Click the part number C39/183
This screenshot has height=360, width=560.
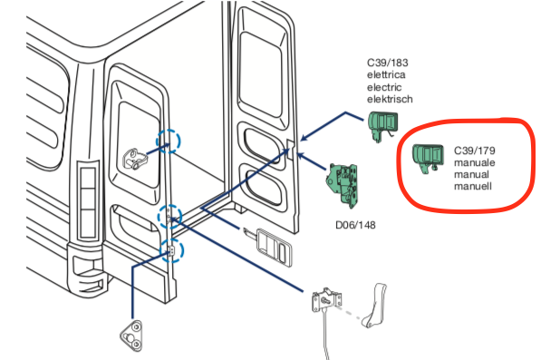click(388, 63)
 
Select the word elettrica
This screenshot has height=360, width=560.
click(386, 74)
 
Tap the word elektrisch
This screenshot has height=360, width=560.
click(390, 99)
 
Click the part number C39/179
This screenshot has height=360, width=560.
click(475, 151)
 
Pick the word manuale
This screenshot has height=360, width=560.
click(475, 162)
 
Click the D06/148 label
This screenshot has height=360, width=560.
click(355, 225)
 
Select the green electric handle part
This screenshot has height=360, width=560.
click(382, 125)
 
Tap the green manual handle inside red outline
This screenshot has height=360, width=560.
click(428, 158)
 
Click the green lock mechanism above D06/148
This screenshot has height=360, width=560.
click(343, 185)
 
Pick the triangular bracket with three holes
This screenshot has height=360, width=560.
click(131, 336)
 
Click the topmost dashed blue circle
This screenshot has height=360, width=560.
click(169, 141)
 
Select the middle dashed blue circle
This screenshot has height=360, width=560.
click(170, 217)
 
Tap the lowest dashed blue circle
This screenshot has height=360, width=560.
click(171, 250)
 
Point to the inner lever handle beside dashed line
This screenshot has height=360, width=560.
click(374, 306)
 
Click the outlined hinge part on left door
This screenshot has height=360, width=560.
click(135, 159)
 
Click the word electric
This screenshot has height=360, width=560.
click(384, 87)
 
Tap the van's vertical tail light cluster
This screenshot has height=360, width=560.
click(88, 203)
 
